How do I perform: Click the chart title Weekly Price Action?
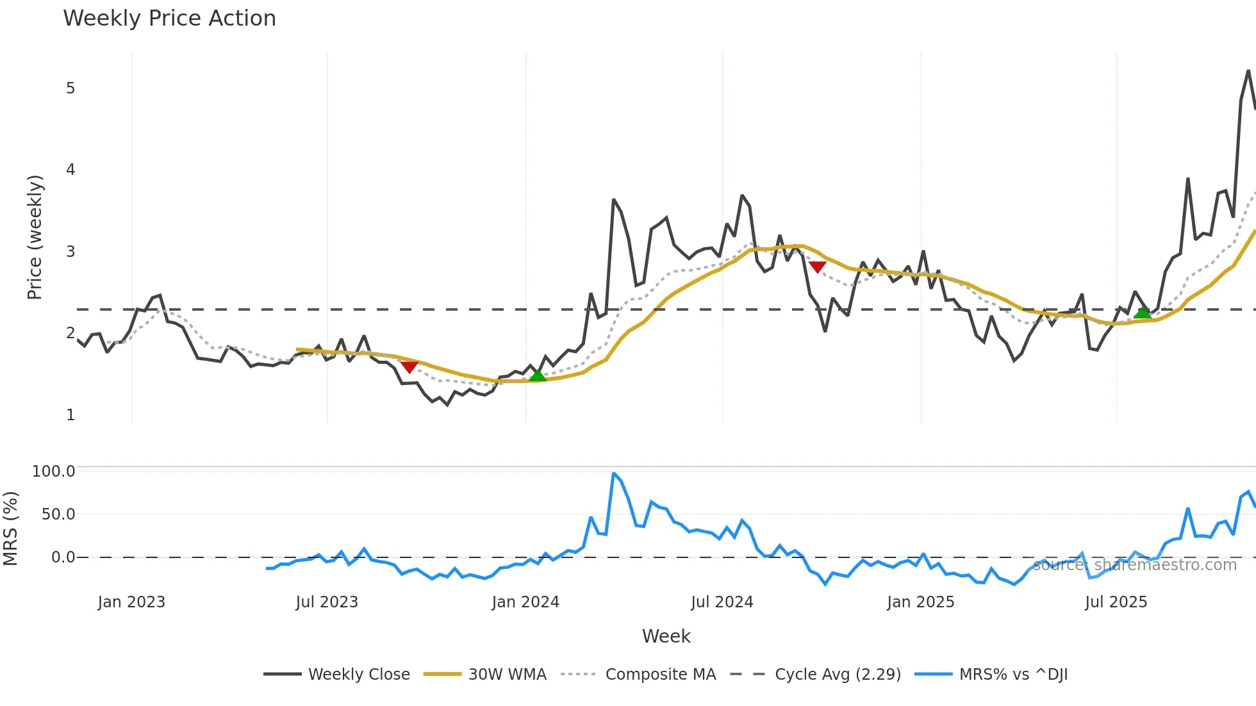coord(169,19)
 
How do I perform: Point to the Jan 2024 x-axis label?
coord(525,602)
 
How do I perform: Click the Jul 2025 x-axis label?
coord(1116,602)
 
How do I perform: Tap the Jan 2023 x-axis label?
coord(131,602)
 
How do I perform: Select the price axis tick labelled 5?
coord(70,88)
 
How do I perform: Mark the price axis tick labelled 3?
coord(70,251)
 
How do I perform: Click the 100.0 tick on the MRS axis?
coord(54,472)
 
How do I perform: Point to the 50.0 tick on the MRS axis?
coord(58,514)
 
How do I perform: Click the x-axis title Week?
coord(666,636)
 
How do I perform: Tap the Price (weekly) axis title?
coord(35,237)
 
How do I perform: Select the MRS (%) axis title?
coord(10,529)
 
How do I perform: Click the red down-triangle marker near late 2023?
coord(409,366)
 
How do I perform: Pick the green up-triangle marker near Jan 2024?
coord(538,375)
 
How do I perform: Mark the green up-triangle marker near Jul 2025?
coord(1142,313)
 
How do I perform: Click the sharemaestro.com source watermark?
coord(1134,565)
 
